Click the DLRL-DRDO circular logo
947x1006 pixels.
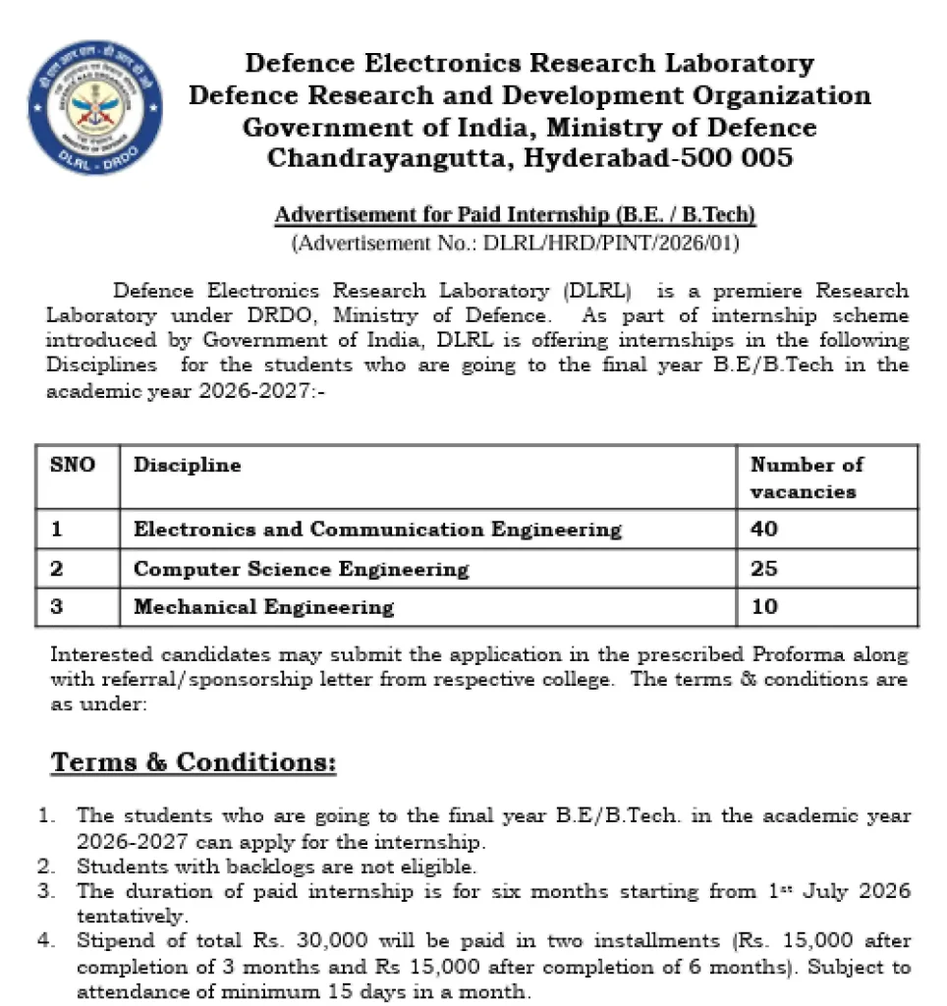click(x=95, y=108)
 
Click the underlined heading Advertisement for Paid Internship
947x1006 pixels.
click(x=515, y=215)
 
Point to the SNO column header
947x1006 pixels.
click(x=73, y=465)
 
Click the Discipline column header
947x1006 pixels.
click(x=187, y=465)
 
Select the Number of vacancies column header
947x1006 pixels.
click(x=807, y=477)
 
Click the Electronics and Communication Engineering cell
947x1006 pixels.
click(x=377, y=530)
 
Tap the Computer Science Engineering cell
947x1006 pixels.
click(x=301, y=569)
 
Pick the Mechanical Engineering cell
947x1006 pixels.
click(x=263, y=607)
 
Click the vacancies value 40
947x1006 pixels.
click(x=763, y=530)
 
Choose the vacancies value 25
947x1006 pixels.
click(x=763, y=569)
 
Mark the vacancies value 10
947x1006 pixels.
click(x=763, y=607)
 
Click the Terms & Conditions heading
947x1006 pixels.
click(x=194, y=762)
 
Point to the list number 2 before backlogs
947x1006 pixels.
click(x=44, y=867)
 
